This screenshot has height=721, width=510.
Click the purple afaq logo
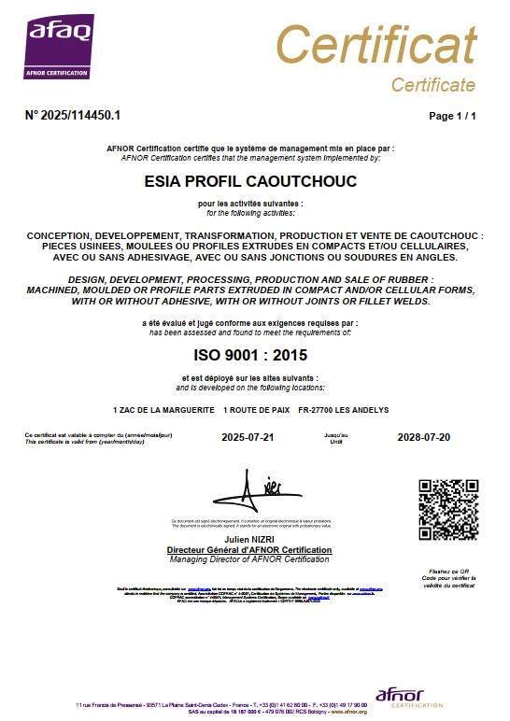pos(58,47)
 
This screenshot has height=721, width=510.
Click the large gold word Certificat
pos(375,44)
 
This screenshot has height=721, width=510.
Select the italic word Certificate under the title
pos(432,85)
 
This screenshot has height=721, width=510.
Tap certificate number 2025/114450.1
pos(73,116)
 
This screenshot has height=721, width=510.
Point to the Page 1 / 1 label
pos(452,116)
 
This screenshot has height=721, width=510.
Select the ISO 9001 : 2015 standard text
pos(249,355)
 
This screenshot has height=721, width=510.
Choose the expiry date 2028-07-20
pos(423,437)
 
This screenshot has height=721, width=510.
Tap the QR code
pos(447,509)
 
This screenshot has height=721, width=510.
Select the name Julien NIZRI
pos(249,541)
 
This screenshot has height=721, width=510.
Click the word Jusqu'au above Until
pos(335,434)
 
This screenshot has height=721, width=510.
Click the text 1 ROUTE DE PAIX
pos(254,410)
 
